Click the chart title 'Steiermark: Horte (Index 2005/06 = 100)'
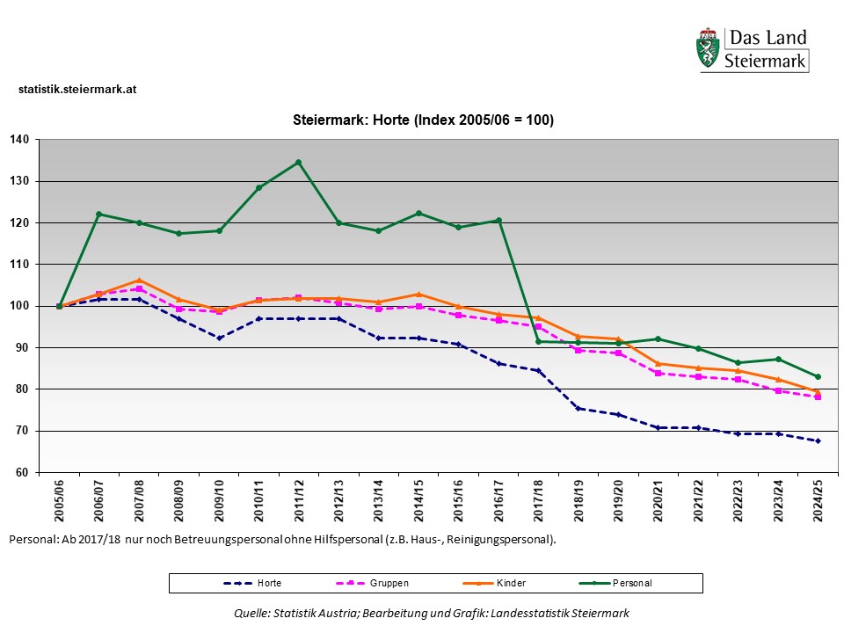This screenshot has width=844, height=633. [x=423, y=120]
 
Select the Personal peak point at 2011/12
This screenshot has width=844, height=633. [x=298, y=162]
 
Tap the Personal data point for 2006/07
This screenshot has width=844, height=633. [x=99, y=214]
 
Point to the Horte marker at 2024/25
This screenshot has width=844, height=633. [x=818, y=440]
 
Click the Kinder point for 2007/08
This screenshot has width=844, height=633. [x=139, y=280]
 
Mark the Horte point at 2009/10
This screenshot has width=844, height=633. [x=219, y=338]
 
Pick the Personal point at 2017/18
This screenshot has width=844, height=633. [x=538, y=341]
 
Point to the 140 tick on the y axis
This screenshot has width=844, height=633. [x=20, y=140]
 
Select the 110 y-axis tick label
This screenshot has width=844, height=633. [x=20, y=264]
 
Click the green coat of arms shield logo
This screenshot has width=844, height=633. [x=707, y=50]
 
